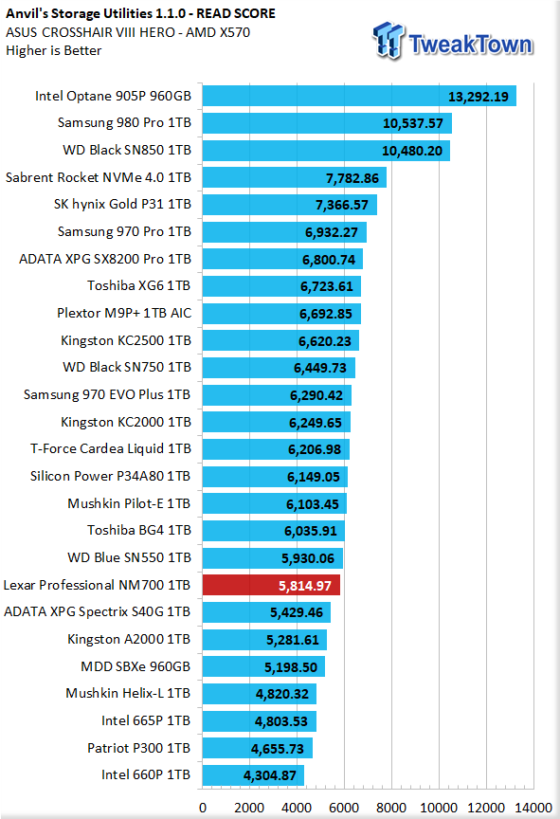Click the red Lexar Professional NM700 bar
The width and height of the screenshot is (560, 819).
(x=271, y=585)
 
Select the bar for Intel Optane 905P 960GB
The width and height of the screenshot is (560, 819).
(x=359, y=96)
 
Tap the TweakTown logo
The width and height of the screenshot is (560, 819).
(x=453, y=42)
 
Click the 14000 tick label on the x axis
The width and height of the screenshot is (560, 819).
(x=533, y=808)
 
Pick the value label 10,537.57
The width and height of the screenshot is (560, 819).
(x=413, y=124)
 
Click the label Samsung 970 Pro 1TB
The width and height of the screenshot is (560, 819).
(x=124, y=231)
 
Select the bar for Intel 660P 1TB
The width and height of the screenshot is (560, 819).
(x=253, y=775)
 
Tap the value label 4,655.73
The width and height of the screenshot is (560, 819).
(x=277, y=749)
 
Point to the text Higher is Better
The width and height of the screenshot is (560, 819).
(x=54, y=50)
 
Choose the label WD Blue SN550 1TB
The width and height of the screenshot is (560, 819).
(x=129, y=557)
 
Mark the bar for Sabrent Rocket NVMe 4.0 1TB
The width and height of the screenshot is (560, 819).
(x=295, y=177)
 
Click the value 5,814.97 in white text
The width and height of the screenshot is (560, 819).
(x=305, y=586)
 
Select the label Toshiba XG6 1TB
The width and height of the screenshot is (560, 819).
(x=139, y=285)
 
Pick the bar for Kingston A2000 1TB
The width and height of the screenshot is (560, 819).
(x=264, y=640)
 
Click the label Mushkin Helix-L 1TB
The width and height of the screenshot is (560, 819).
(x=128, y=693)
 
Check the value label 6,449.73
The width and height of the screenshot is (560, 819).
(x=320, y=368)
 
